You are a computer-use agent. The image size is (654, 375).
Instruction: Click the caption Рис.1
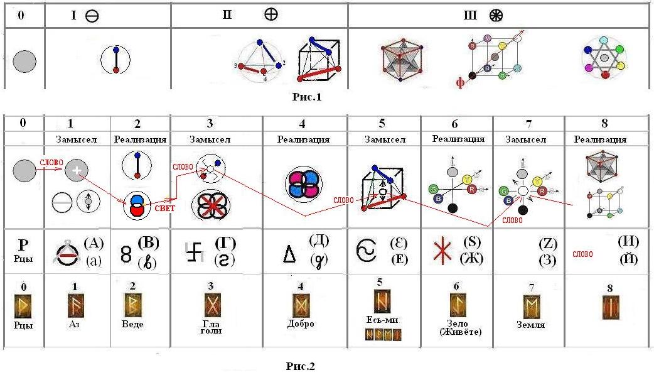307,97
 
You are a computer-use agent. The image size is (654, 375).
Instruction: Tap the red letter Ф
459,82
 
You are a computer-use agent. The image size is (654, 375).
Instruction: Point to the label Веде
132,324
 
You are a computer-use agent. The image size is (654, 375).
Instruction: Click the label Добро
301,324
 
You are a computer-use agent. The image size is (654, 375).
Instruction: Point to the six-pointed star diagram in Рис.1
603,58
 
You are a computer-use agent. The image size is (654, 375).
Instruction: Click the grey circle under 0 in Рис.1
24,62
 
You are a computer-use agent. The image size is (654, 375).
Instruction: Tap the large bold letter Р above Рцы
23,244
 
